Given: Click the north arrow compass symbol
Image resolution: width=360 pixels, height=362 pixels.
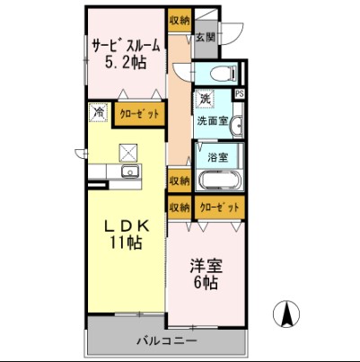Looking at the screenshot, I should [288, 314].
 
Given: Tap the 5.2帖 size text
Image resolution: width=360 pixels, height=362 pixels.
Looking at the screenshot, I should [126, 63].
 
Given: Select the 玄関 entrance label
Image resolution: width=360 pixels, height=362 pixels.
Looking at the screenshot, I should [206, 38].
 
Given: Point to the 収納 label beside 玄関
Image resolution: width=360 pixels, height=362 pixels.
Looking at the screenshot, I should [179, 19].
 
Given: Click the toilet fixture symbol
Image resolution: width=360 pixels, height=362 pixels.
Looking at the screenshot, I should [220, 75].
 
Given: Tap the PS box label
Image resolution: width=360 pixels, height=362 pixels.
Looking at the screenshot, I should [239, 93].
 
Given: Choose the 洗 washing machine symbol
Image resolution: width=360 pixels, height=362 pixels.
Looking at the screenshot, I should [206, 98].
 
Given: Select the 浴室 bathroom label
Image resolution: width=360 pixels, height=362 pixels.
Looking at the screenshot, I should [218, 157].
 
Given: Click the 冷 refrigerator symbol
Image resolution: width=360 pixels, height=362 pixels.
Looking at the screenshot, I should [98, 113].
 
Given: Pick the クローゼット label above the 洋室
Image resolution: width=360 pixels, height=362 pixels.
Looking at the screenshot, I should [218, 207].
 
